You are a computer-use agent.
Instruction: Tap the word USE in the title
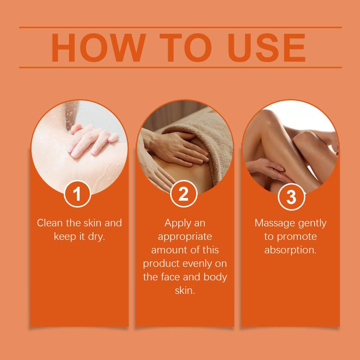tap(266, 48)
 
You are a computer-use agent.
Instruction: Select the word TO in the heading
tap(185, 48)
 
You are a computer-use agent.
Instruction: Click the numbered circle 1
tap(77, 194)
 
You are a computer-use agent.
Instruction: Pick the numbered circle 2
tap(184, 194)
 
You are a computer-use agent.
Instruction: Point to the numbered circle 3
tap(291, 197)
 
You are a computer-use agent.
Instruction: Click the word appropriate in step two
tap(185, 237)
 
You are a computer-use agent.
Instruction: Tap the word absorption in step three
tap(290, 250)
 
